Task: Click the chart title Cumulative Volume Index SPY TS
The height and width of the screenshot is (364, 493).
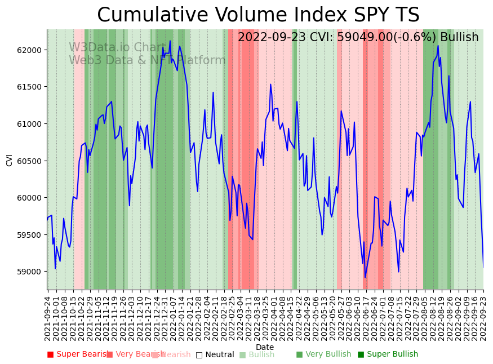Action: tap(258, 15)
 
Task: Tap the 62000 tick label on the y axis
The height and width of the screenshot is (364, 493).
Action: tap(30, 50)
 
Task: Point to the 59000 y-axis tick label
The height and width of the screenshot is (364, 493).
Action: tap(30, 272)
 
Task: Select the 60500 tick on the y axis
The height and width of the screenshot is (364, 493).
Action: tap(30, 161)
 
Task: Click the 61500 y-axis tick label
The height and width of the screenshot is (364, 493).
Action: tap(30, 87)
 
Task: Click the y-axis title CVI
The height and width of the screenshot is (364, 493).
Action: tap(10, 160)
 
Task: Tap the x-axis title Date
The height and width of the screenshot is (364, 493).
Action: tap(265, 348)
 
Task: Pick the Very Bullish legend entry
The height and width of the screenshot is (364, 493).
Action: tap(323, 354)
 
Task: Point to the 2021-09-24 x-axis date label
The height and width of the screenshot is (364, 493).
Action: tap(48, 318)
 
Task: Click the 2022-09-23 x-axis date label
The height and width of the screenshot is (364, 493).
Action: tap(483, 318)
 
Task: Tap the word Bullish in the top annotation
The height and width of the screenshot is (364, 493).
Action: tap(459, 38)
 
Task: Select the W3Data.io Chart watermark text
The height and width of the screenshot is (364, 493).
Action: tap(117, 48)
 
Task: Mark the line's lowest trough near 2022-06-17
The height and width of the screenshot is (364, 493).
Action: tap(365, 277)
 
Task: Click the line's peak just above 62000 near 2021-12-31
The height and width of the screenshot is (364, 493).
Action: tap(170, 41)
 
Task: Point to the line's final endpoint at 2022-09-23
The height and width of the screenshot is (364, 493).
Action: tap(483, 268)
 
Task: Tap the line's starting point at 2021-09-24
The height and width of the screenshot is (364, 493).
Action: tap(47, 218)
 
